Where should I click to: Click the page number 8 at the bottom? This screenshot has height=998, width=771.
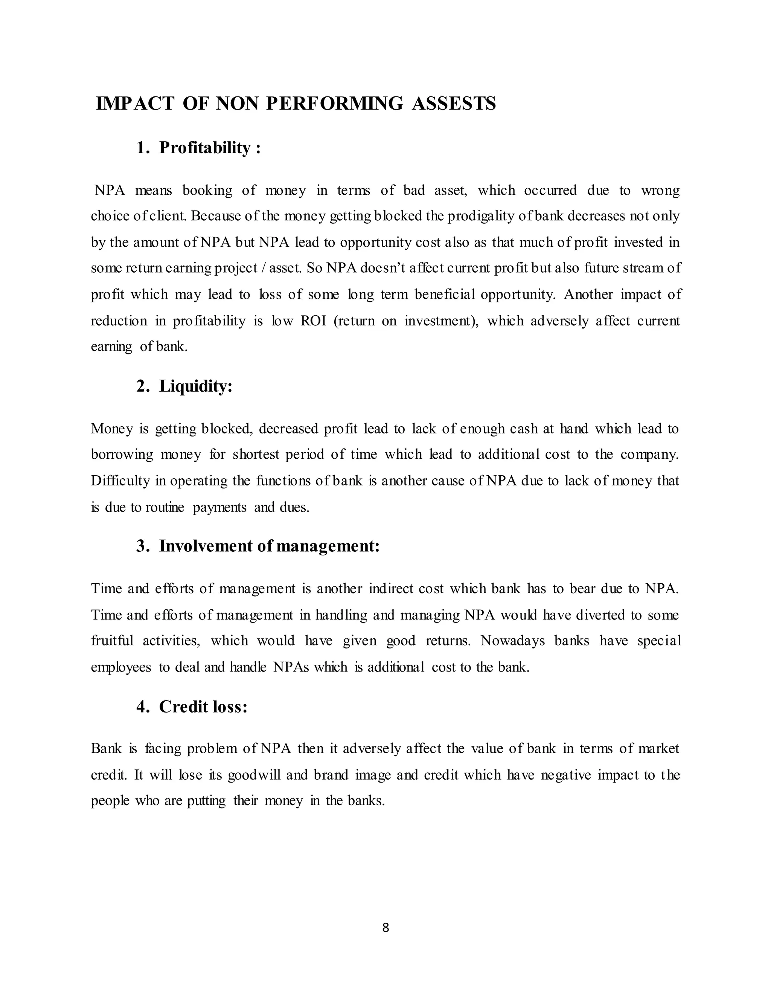[x=385, y=927]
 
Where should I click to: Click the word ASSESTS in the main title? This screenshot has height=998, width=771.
[x=454, y=103]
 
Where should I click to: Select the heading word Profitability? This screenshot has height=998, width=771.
[x=205, y=148]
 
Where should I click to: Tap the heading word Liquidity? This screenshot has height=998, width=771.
[x=195, y=386]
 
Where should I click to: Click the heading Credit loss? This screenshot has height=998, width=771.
[x=203, y=707]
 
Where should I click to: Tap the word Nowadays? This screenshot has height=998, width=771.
[x=512, y=641]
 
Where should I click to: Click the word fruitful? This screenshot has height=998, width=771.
[x=112, y=641]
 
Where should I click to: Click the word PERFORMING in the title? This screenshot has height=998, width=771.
[x=334, y=103]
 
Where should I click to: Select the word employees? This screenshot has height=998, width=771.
[x=120, y=667]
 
